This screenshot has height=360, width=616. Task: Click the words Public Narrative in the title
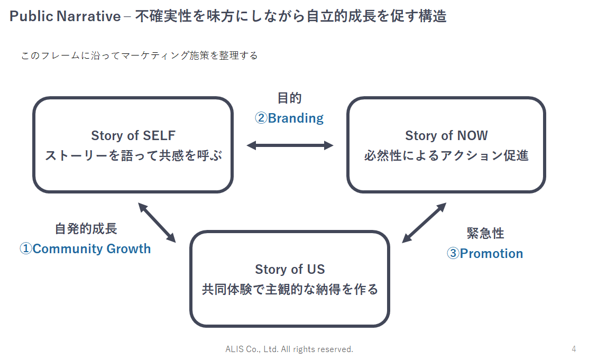point(65,16)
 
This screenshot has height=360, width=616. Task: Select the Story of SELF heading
point(133,135)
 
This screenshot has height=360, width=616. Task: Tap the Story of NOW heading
point(446,135)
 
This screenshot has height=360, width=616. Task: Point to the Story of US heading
point(290,269)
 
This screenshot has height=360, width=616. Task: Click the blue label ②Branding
point(289,118)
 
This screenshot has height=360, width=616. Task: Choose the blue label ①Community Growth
point(85,249)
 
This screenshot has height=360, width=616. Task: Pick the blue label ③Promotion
point(485,254)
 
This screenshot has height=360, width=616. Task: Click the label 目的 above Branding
point(289,98)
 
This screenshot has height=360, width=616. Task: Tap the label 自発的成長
point(86,228)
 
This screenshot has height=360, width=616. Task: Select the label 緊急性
point(485,233)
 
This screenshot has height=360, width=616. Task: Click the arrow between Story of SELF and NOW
point(290,145)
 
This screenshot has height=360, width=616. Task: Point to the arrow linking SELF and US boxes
point(157,222)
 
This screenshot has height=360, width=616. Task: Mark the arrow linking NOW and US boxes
point(424,223)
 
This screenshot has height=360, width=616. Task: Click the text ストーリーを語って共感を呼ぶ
point(133,156)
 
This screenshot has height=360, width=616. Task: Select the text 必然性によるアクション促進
point(446,156)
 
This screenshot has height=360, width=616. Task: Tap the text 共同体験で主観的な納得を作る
point(290,290)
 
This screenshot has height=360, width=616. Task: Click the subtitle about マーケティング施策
point(140,56)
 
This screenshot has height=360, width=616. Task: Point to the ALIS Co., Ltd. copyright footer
point(289,349)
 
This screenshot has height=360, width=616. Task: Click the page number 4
point(574,349)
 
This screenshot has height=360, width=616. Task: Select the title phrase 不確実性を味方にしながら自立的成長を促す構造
point(291,16)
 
